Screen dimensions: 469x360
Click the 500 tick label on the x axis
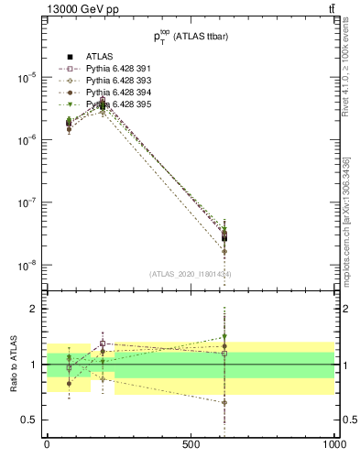pyautogui.click(x=191, y=444)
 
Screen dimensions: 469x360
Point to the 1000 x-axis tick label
pyautogui.click(x=333, y=444)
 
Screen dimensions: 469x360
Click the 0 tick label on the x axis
pyautogui.click(x=47, y=444)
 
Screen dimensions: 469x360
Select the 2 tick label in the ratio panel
pyautogui.click(x=38, y=309)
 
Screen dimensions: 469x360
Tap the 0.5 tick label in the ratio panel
pyautogui.click(x=33, y=420)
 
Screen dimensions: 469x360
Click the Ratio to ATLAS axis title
pyautogui.click(x=14, y=364)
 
